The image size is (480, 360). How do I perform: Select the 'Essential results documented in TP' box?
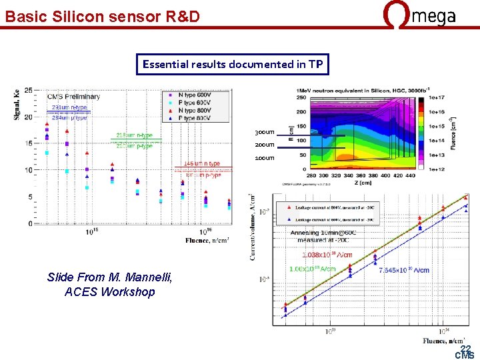click(233, 65)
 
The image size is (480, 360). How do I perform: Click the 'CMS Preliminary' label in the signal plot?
click(73, 97)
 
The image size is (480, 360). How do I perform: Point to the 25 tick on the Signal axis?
click(28, 89)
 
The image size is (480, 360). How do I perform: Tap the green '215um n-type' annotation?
click(134, 135)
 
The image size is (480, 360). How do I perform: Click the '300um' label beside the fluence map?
click(265, 133)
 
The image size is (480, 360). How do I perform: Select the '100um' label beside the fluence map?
click(265, 158)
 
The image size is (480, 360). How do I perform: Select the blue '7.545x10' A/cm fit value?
click(403, 270)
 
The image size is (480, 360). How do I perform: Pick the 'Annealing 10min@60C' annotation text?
click(327, 233)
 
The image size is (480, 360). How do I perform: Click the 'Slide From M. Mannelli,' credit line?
click(109, 277)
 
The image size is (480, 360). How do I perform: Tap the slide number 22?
click(465, 348)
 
